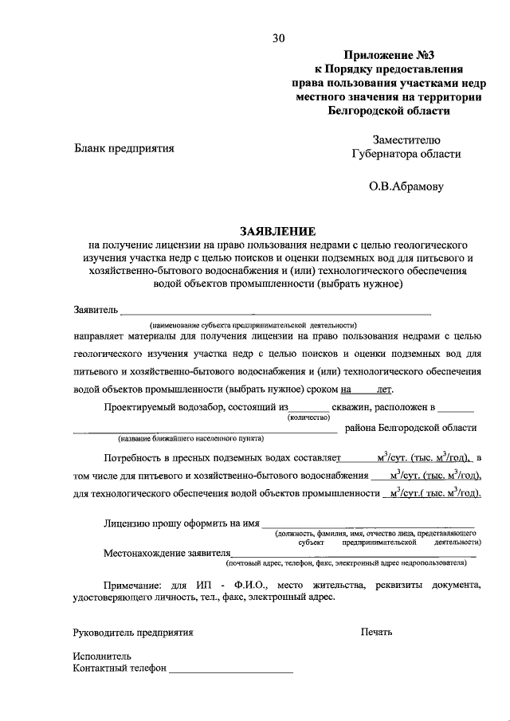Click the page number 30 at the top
pos(277,37)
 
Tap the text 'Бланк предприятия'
pos(124,148)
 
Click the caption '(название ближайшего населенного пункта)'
pos(191,439)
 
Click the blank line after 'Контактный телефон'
pos(231,671)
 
